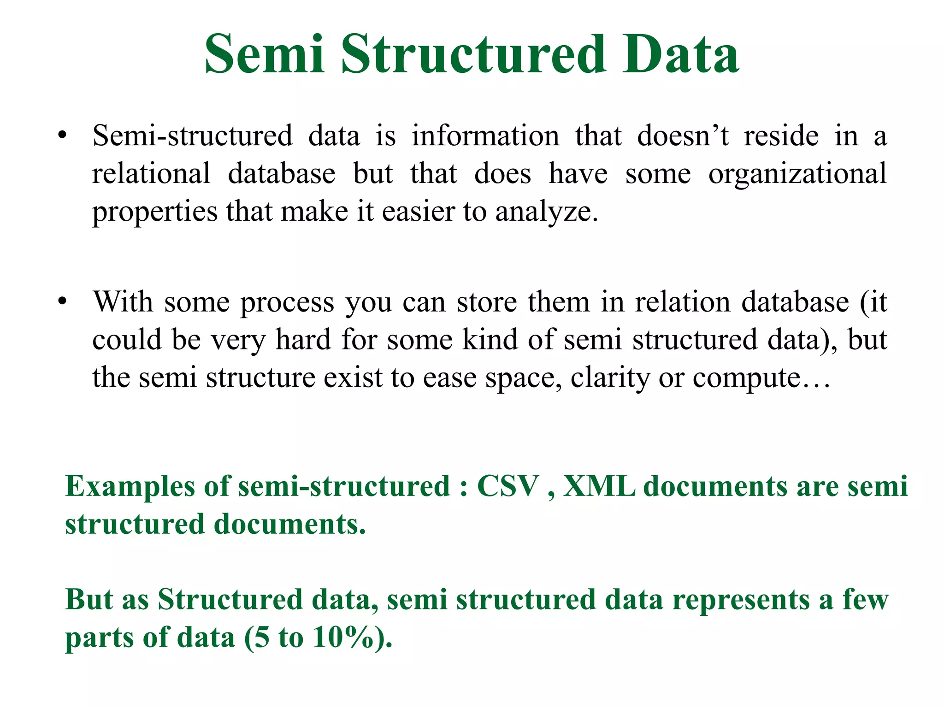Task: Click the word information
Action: (x=485, y=136)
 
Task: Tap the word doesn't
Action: (x=683, y=136)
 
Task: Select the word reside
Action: (x=781, y=136)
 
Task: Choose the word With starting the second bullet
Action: (x=123, y=302)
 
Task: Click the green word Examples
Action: (x=130, y=487)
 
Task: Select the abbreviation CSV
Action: (x=507, y=486)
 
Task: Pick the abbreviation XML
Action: (x=599, y=486)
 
